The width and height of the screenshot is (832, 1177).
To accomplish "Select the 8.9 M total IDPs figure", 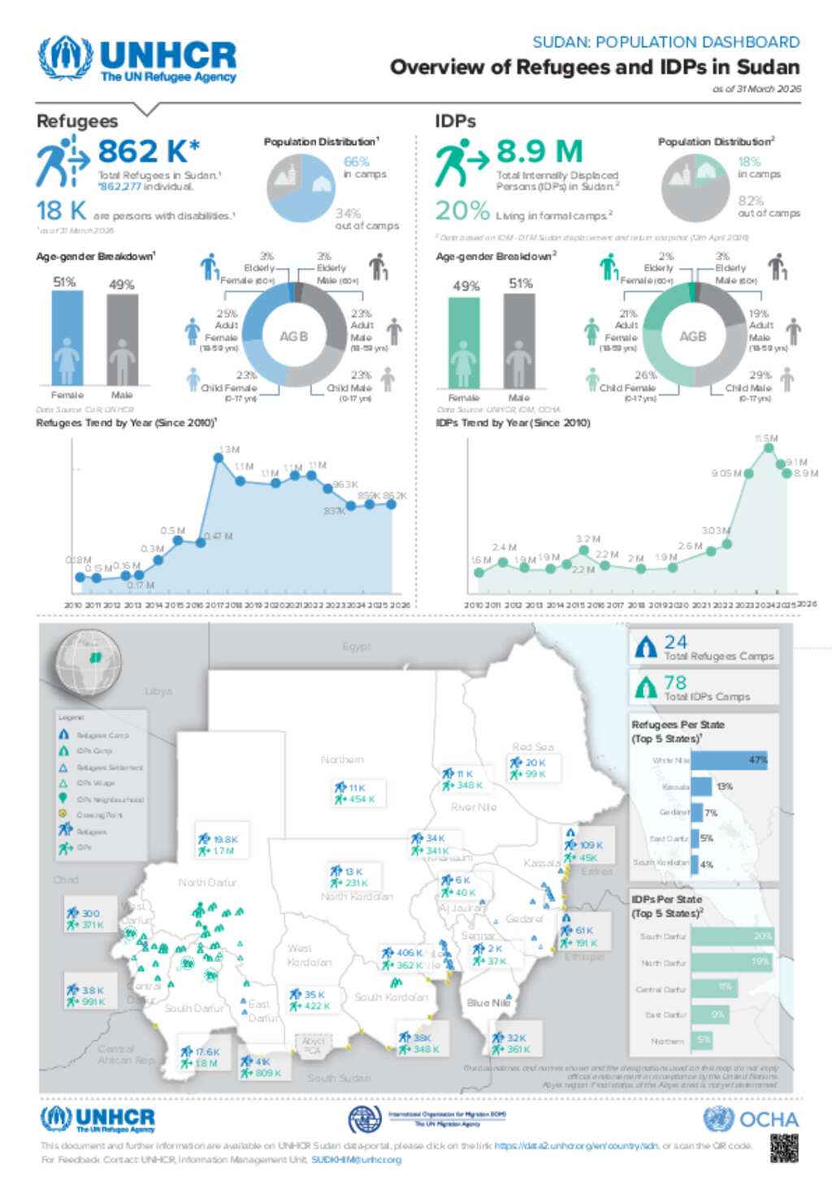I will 539,152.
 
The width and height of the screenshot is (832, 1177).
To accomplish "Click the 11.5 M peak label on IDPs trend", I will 765,439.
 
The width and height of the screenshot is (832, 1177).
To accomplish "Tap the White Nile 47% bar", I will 729,760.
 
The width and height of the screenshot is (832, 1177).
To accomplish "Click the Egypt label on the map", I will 356,647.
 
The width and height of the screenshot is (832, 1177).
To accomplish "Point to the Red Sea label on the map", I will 533,746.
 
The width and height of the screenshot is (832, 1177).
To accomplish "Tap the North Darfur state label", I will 207,882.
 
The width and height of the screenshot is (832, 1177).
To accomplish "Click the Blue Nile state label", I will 489,1002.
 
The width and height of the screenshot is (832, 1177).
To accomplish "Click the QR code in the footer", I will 784,1148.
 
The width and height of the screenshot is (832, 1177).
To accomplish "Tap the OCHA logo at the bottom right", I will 751,1119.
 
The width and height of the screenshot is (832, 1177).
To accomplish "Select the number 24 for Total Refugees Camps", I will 675,642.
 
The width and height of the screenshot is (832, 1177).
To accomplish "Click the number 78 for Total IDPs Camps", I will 675,682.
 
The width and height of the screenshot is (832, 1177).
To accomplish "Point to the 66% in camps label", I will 356,162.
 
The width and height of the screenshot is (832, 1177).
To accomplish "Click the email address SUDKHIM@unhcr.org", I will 356,1160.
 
